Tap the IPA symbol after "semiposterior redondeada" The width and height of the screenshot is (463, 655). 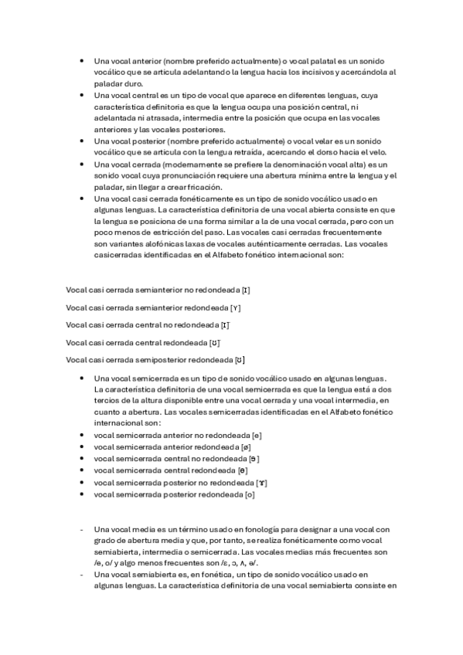(240, 359)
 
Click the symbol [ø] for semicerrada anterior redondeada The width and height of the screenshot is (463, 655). (246, 446)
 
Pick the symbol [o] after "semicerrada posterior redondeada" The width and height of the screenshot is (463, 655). (249, 494)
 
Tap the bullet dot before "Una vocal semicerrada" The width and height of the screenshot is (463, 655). (81, 378)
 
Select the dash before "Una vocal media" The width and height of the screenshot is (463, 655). (82, 529)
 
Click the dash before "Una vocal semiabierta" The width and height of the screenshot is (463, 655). (82, 575)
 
